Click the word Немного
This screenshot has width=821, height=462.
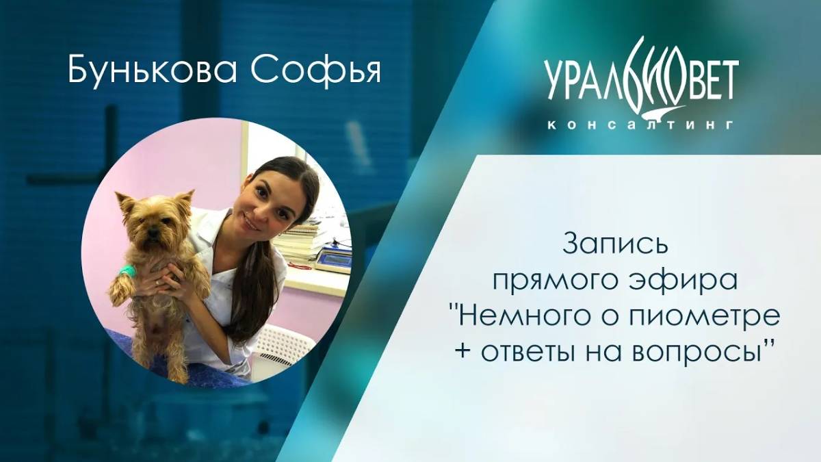tap(517, 317)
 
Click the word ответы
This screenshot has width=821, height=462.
tap(527, 353)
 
